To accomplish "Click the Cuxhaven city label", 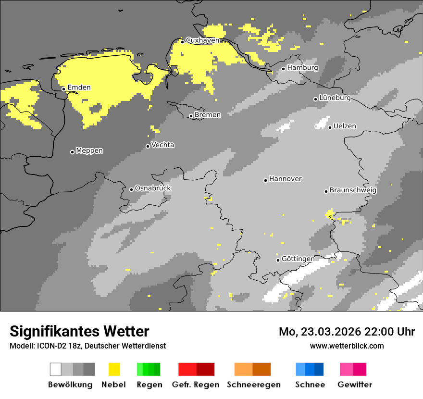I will (202, 40).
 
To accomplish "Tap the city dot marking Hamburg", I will (284, 69).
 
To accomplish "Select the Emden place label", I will (79, 87).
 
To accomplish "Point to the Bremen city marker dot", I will (191, 116).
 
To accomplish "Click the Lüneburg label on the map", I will (335, 98).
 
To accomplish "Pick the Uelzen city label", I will (345, 126).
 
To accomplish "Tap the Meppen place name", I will (89, 151).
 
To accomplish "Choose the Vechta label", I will (162, 145).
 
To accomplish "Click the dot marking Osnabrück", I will (131, 189).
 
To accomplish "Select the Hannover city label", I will (285, 179).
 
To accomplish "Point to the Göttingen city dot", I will (278, 260).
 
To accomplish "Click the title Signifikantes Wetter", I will (79, 331).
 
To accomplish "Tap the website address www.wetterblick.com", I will (347, 346).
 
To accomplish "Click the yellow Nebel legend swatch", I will (114, 369).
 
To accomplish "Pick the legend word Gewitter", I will (355, 385).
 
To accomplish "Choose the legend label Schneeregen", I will (254, 385).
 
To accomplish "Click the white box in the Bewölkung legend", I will (56, 369).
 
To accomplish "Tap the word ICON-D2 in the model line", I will (48, 346).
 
